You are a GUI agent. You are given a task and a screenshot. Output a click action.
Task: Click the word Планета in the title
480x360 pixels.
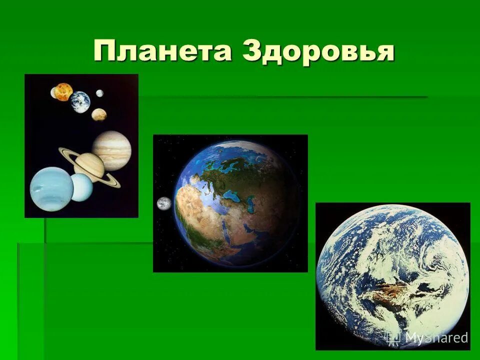click(162, 52)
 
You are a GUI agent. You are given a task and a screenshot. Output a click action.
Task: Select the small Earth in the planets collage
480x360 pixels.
click(80, 102)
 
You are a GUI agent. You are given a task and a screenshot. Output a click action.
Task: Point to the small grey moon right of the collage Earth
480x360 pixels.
click(99, 93)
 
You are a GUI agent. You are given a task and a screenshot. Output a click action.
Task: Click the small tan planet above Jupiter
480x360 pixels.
click(99, 114)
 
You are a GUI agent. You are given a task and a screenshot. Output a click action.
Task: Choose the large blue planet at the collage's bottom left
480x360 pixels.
click(51, 189)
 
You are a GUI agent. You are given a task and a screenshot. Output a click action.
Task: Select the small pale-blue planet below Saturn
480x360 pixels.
click(81, 187)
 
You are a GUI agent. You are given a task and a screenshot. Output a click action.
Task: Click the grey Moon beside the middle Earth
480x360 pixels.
click(164, 203)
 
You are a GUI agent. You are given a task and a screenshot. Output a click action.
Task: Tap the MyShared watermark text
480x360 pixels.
click(436, 337)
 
